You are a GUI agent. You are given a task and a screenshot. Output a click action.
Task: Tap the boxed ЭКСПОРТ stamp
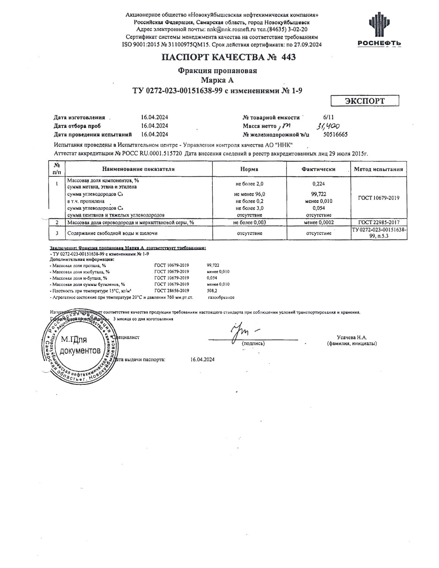coord(364,101)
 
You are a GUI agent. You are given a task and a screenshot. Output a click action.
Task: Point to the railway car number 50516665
coord(335,134)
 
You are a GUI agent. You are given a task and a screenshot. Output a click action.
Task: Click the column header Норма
coord(249,169)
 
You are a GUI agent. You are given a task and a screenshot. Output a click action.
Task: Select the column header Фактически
coord(318,169)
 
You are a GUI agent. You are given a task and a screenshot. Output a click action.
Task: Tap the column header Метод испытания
coord(378,169)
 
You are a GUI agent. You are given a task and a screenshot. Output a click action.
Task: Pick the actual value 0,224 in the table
coord(318,184)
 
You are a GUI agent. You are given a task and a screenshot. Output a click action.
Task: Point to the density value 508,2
coord(212,291)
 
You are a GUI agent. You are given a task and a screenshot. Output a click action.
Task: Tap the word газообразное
coord(221,297)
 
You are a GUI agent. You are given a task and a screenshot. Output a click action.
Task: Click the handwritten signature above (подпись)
coord(242,331)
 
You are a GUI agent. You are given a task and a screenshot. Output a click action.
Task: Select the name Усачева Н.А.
coord(352,337)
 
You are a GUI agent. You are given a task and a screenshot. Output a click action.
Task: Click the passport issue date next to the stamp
coord(203,359)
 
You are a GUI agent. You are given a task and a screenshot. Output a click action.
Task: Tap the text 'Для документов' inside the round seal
coord(80,345)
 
